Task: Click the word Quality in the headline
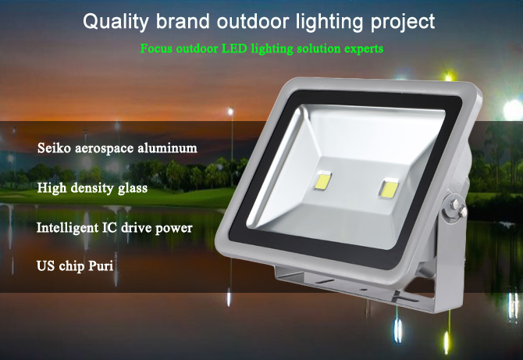[115, 22]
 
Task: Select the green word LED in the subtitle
[234, 48]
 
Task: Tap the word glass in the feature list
[133, 188]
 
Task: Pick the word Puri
[101, 266]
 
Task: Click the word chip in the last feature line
[72, 266]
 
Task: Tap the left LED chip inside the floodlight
[322, 181]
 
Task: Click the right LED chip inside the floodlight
[389, 188]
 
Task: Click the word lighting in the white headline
[329, 23]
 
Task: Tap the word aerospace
[105, 148]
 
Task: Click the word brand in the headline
[183, 22]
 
